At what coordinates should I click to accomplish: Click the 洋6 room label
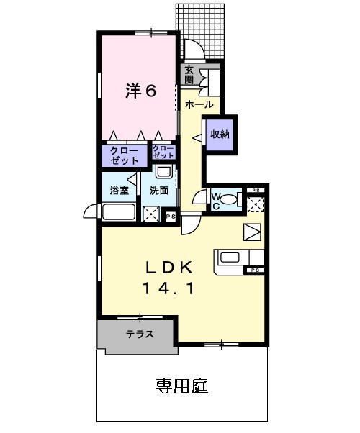pos(141,91)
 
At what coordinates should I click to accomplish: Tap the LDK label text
pos(169,268)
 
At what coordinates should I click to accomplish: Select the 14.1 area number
pos(168,289)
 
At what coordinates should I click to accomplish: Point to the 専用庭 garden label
pos(181,386)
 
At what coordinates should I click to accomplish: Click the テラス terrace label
pos(140,334)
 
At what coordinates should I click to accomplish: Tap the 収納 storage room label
pos(220,135)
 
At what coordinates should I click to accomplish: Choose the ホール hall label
pos(199,105)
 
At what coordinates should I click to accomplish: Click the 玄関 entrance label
pos(189,75)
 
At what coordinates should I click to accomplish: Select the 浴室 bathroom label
pos(119,191)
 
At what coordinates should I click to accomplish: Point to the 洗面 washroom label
pos(159,191)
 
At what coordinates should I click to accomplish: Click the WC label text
pos(216,201)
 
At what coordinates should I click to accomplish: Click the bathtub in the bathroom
pos(118,212)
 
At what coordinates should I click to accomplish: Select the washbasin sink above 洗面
pos(164,172)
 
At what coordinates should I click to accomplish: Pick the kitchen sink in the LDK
pos(229,257)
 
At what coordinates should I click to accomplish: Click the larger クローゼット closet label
pos(124,156)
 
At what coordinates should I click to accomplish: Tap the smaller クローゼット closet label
pos(163,152)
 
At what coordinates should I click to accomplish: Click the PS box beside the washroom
pos(171,216)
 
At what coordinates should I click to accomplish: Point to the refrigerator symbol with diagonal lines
pos(252,232)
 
